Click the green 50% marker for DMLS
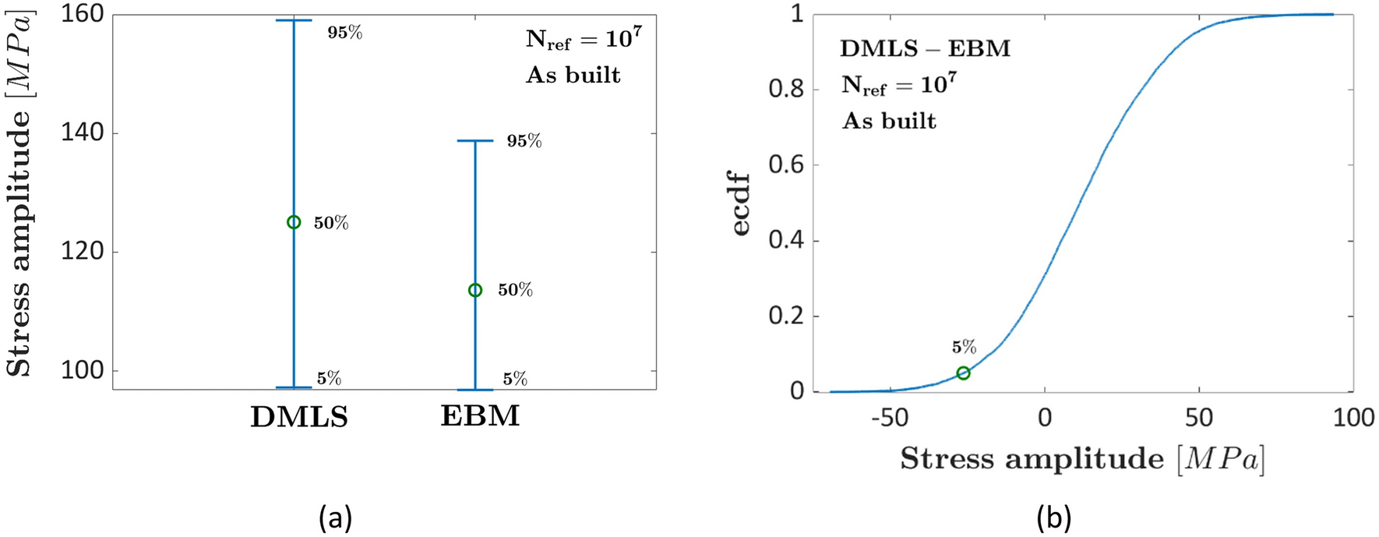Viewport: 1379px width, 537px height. [x=294, y=222]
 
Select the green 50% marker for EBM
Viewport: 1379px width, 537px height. [x=475, y=290]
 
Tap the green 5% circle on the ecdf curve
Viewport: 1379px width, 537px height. [x=964, y=373]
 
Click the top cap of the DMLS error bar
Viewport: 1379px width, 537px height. [x=294, y=20]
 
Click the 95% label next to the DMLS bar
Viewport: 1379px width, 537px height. [x=344, y=33]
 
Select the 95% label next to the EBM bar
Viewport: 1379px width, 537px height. [x=524, y=141]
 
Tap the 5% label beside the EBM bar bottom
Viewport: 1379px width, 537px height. [x=514, y=380]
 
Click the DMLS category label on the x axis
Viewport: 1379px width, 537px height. [x=299, y=417]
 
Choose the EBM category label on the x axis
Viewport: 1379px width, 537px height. [x=480, y=416]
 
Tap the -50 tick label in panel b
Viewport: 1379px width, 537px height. [x=889, y=418]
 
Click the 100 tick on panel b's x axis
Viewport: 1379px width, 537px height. [x=1353, y=418]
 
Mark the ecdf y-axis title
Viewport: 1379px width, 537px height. [x=741, y=204]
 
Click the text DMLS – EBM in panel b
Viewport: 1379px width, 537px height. [x=925, y=49]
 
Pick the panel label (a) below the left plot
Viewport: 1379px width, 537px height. [x=335, y=517]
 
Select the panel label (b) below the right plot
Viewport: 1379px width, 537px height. [x=1053, y=517]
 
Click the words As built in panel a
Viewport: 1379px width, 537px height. [x=573, y=76]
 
